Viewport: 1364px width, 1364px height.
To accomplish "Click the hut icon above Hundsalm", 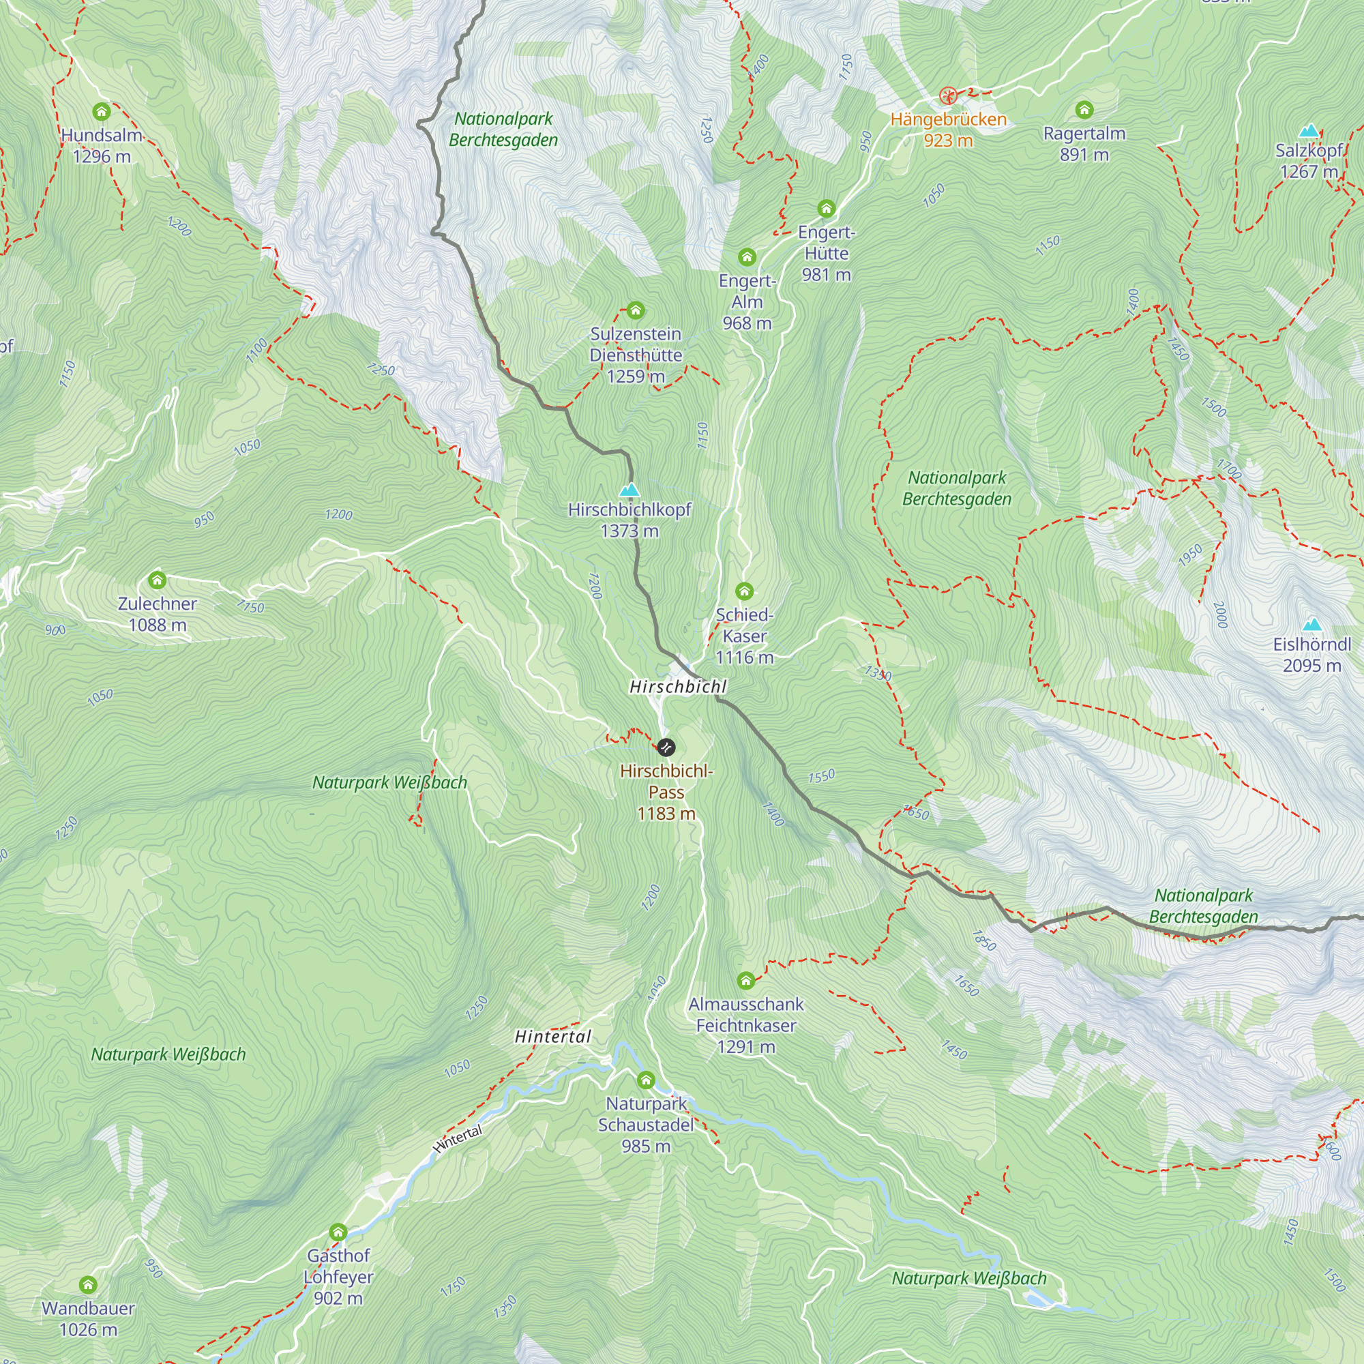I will point(102,112).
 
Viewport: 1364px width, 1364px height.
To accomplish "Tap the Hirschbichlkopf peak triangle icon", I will point(629,489).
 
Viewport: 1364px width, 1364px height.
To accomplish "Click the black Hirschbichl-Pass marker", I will point(666,747).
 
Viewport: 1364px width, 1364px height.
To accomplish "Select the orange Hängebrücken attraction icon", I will point(948,95).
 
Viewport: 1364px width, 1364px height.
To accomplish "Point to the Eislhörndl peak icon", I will point(1311,624).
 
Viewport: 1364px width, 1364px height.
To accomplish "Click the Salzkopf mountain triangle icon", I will point(1309,131).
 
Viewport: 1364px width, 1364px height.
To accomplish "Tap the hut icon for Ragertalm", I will point(1084,109).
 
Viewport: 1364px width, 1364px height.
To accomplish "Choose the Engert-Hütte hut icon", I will point(826,208).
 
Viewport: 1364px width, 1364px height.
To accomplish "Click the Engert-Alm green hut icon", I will point(747,257).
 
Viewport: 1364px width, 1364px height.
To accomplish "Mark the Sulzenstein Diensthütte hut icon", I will point(636,310).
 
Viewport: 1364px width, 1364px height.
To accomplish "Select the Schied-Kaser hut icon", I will point(744,591).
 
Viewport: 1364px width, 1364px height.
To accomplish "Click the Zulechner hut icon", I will point(157,580).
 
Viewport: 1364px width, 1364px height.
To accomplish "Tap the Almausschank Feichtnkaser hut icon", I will point(745,980).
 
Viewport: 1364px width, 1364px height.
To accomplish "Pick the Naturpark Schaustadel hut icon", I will point(646,1080).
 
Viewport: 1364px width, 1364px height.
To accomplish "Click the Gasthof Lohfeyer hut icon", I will point(338,1232).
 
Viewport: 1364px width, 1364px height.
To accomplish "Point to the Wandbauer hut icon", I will point(87,1284).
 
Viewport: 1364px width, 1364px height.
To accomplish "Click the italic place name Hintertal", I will point(553,1037).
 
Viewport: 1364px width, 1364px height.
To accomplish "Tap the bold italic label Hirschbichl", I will point(678,686).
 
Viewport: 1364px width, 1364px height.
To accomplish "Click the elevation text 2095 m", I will point(1311,666).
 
